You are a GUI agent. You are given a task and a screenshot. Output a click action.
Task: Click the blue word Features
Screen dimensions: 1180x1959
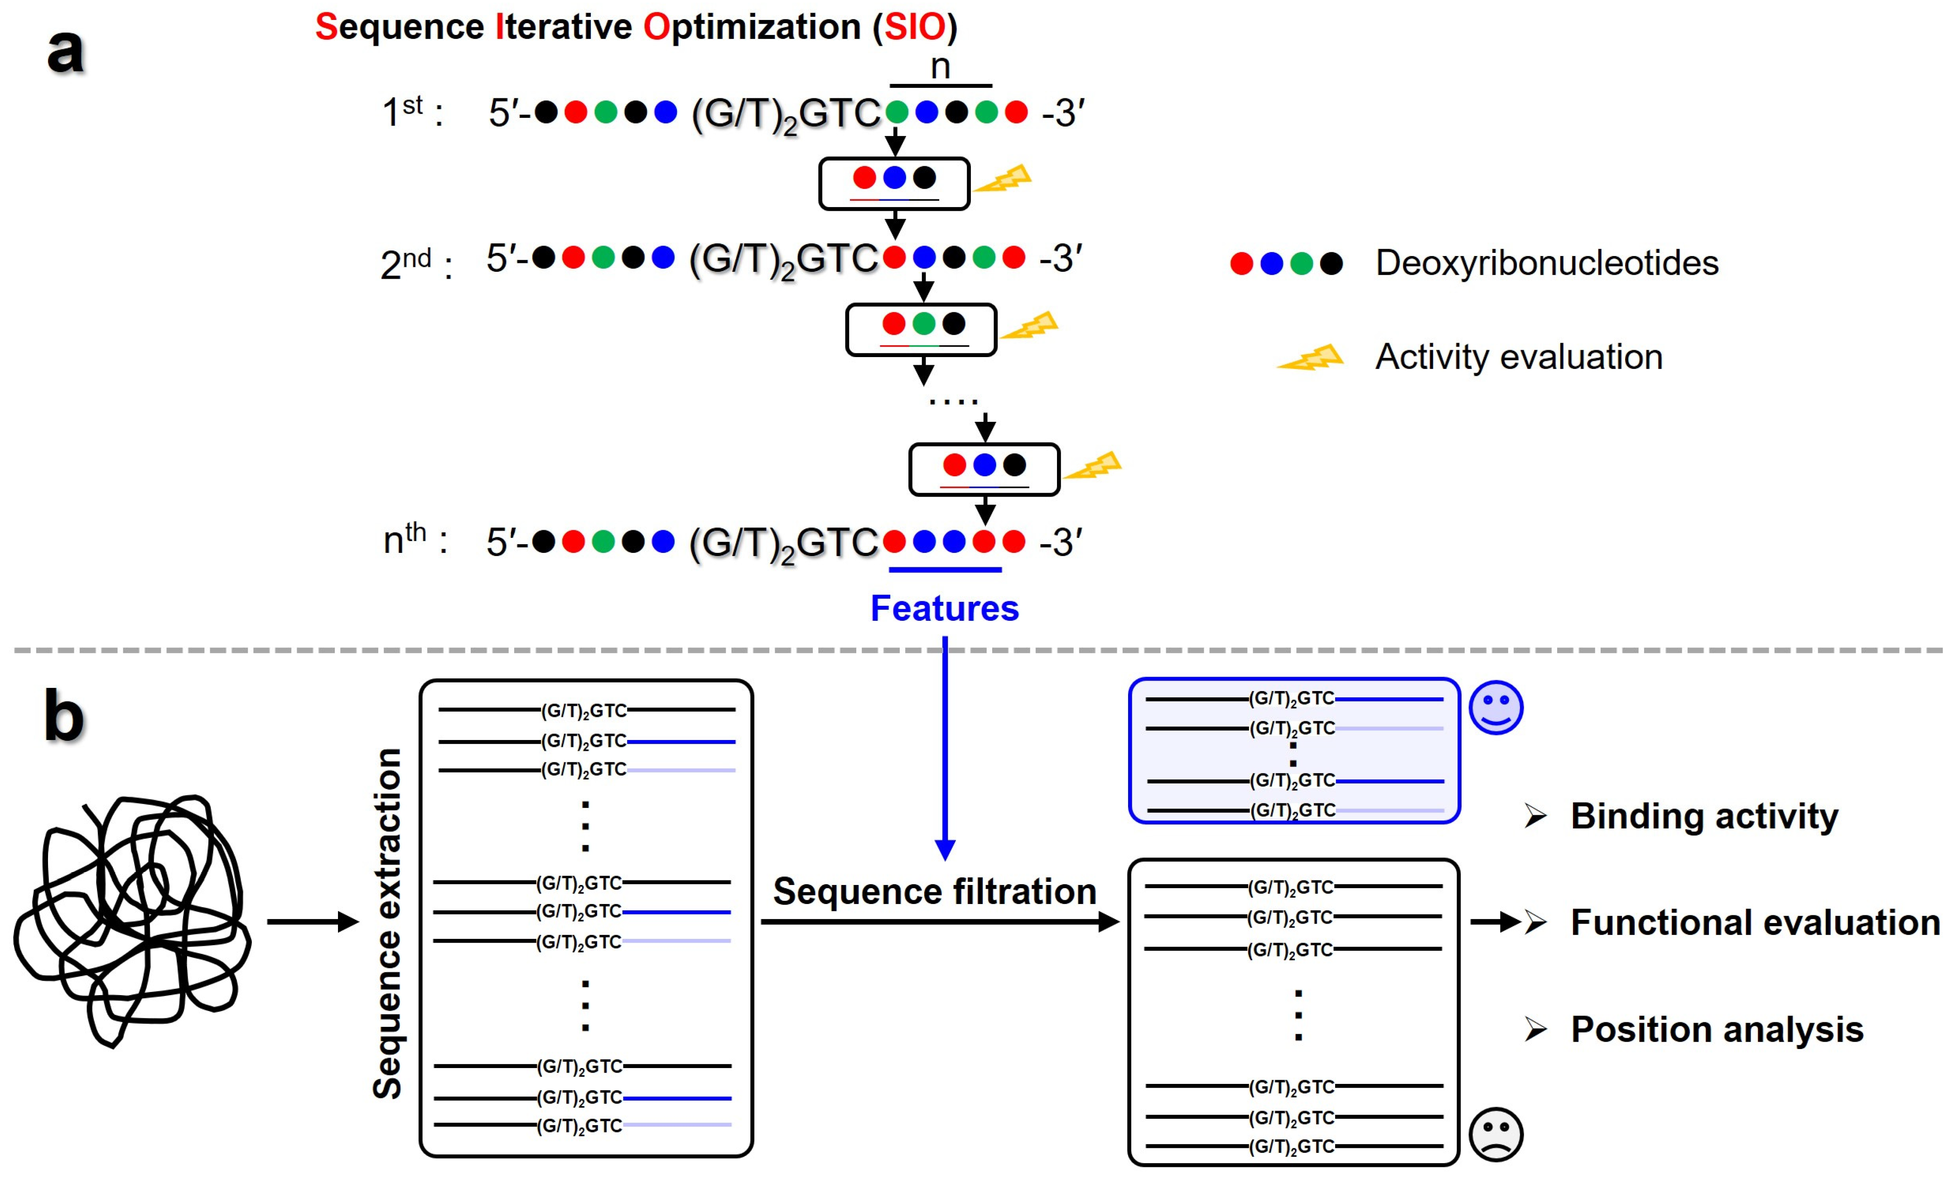point(944,608)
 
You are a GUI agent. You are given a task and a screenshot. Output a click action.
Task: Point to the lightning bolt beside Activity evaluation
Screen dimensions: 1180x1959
point(1311,358)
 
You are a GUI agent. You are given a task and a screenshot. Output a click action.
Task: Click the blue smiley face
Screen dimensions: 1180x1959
point(1496,707)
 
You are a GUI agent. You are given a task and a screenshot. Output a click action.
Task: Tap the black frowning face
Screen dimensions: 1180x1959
point(1496,1134)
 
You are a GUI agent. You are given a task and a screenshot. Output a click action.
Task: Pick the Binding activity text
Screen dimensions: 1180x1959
point(1704,816)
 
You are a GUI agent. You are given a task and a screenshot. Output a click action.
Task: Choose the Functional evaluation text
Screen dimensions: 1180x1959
point(1755,922)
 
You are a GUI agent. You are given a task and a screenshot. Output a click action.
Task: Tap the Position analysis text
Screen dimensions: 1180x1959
point(1717,1029)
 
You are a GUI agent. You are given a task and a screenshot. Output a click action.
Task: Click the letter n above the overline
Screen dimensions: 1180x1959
point(940,67)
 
